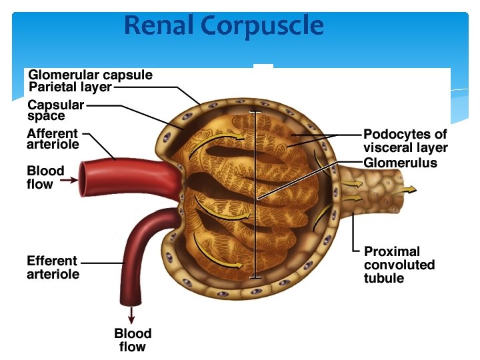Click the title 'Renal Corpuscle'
224,26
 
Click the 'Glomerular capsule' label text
91,75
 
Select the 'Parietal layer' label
70,87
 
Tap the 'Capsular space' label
55,110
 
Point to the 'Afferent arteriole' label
53,139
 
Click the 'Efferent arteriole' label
53,267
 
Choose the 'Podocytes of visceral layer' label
405,141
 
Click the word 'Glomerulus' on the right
400,163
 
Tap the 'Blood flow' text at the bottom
133,340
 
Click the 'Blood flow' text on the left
45,177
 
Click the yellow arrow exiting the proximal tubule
405,189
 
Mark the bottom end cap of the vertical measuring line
254,277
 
